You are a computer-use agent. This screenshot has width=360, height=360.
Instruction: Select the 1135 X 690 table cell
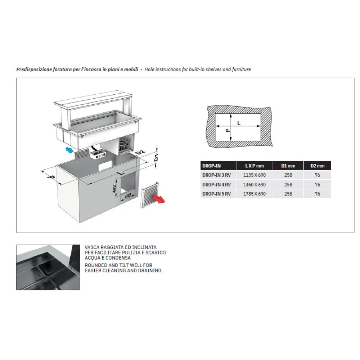click(x=255, y=175)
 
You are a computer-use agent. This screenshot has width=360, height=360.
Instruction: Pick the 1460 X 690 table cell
click(x=255, y=185)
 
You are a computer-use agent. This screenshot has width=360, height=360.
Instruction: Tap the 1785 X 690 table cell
click(x=255, y=194)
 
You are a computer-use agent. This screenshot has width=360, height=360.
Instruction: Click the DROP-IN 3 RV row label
click(x=216, y=175)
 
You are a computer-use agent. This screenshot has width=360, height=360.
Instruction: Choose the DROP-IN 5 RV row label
click(x=216, y=194)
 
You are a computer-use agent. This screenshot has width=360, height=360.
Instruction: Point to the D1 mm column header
click(x=288, y=166)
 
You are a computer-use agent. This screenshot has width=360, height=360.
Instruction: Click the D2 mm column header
click(x=317, y=166)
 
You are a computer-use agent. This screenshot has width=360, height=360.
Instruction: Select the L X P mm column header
click(x=255, y=166)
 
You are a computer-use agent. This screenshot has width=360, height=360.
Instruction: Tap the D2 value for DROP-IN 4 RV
click(x=317, y=185)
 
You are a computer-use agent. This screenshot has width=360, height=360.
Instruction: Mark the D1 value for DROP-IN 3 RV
click(x=288, y=175)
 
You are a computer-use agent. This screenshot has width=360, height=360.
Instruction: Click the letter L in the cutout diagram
click(x=239, y=123)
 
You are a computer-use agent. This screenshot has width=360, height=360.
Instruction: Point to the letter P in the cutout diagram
click(x=227, y=131)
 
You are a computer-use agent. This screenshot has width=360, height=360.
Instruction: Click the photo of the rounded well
click(x=48, y=267)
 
